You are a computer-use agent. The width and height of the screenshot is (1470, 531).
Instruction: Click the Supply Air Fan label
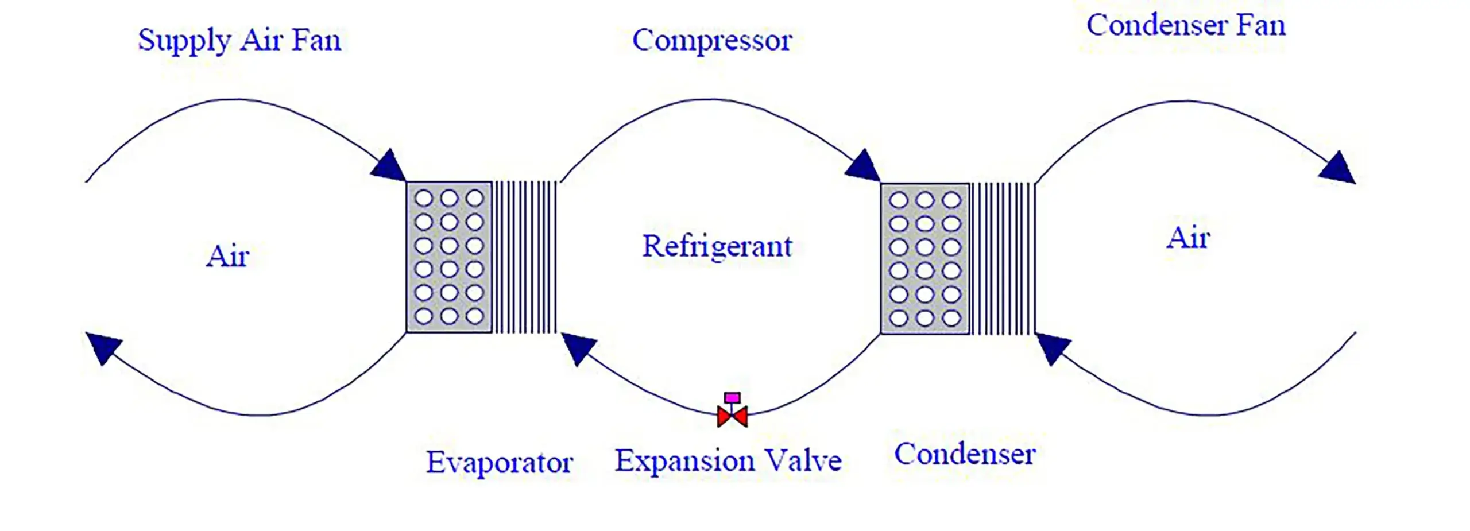(239, 41)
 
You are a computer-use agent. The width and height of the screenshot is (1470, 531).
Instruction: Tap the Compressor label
(712, 41)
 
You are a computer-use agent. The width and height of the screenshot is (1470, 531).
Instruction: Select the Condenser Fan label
(1186, 26)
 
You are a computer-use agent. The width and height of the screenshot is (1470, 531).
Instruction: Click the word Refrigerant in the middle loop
(717, 247)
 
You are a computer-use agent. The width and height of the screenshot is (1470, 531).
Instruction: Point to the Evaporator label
(499, 463)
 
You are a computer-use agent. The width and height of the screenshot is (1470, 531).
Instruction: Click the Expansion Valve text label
(728, 461)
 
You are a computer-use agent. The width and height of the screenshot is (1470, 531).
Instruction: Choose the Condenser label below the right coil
(965, 454)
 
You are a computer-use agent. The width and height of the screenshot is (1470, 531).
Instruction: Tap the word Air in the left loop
(227, 256)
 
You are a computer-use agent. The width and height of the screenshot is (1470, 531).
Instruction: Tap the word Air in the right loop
(1188, 238)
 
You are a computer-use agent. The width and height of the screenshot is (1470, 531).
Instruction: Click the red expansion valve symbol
(732, 416)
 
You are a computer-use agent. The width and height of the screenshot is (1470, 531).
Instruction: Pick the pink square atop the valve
(732, 398)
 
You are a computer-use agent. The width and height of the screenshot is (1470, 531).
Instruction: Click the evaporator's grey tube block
(449, 257)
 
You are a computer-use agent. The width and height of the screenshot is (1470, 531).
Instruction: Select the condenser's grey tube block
(924, 259)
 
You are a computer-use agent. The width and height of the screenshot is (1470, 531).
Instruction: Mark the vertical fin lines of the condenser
(1003, 259)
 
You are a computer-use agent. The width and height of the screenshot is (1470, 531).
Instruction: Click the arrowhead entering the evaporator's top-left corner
(389, 166)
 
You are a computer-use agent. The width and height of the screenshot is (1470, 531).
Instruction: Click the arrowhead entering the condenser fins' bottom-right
(1052, 347)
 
